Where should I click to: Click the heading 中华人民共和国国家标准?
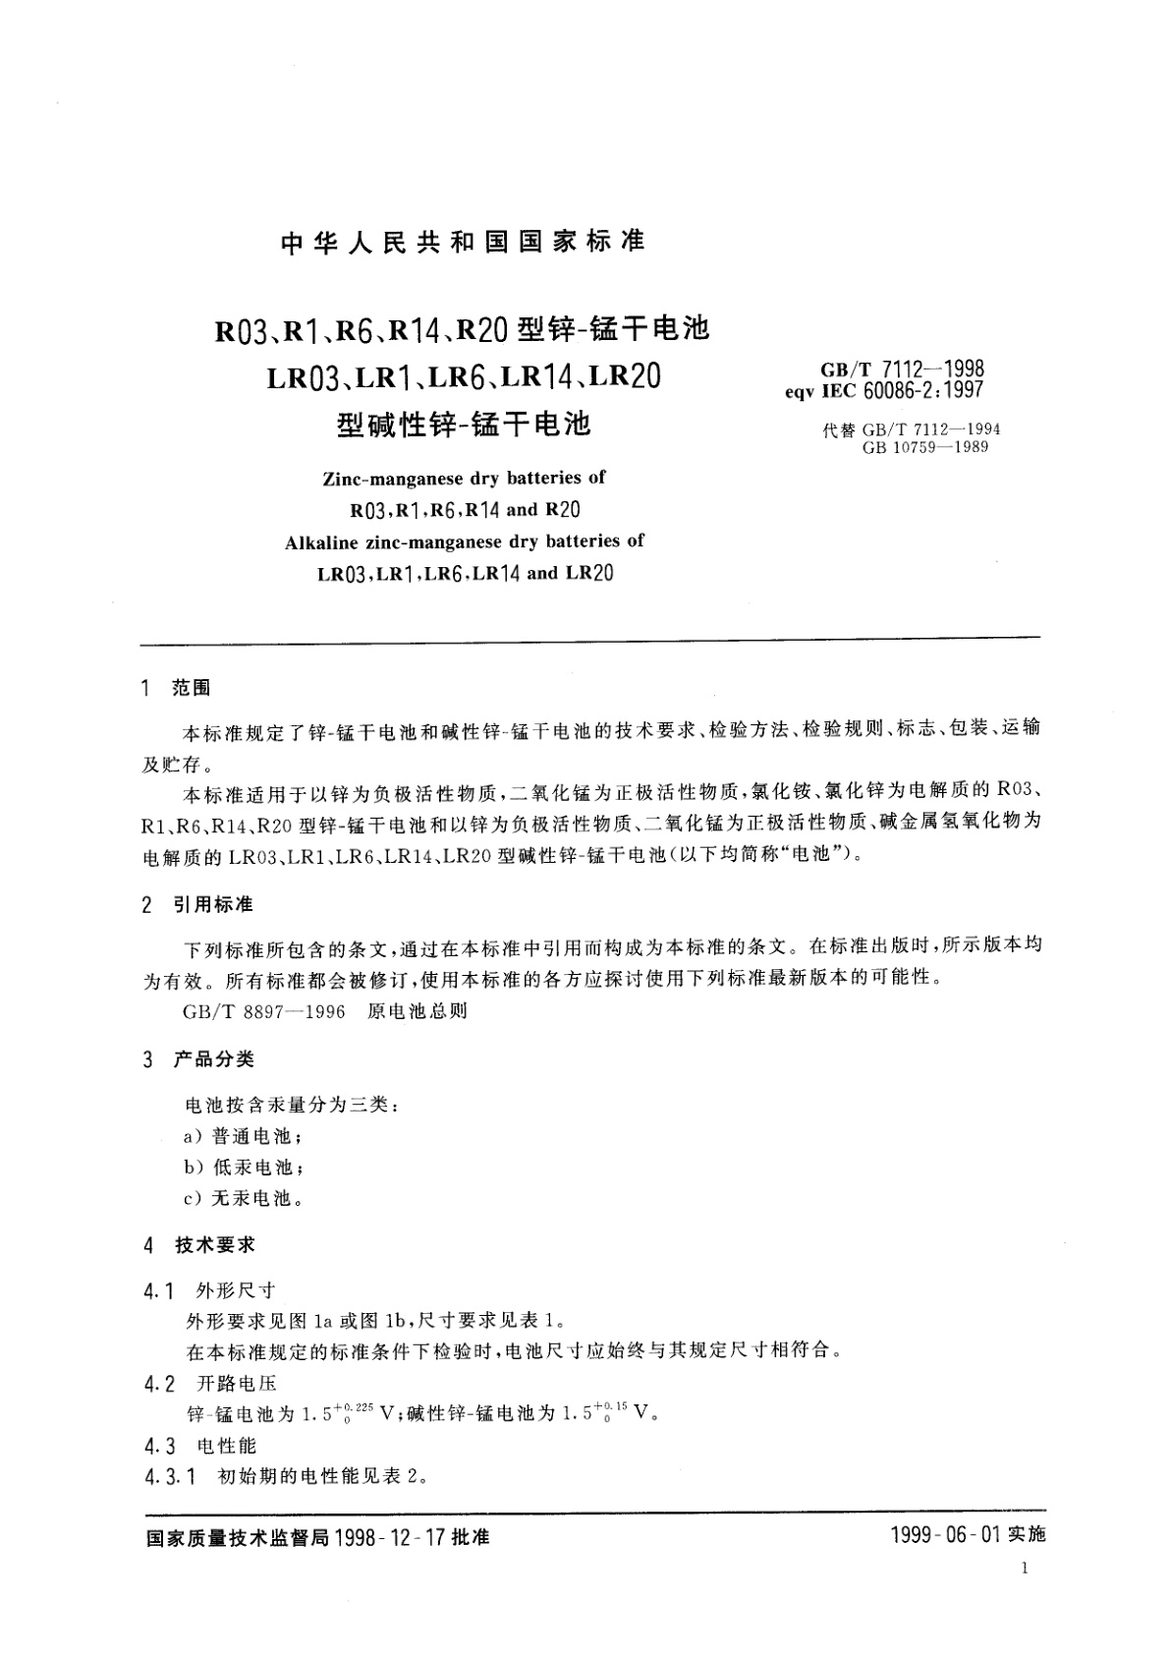coord(463,243)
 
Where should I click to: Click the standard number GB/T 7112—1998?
coord(902,370)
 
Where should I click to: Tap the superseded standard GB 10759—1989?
coord(924,447)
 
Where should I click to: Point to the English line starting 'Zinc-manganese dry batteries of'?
coord(464,479)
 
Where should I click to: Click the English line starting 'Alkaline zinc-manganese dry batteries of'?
coord(464,542)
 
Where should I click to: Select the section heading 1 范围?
coord(177,689)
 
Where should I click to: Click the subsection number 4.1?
coord(158,1290)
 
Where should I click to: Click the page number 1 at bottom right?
coord(1025,1569)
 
